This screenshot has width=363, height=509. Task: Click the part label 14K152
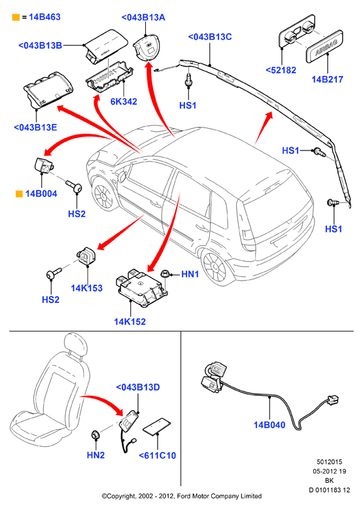tap(130, 321)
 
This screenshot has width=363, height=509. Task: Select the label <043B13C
tap(209, 37)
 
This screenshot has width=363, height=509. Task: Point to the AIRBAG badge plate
tap(324, 46)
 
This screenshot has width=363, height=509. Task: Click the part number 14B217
tap(327, 79)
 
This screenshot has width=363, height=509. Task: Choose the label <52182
tap(281, 70)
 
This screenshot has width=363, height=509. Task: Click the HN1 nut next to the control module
tap(165, 273)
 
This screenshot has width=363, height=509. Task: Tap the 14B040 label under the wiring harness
tap(269, 425)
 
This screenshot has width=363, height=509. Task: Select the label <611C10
tap(158, 455)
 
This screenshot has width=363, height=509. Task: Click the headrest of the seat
tap(77, 344)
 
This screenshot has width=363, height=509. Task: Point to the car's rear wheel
tap(214, 267)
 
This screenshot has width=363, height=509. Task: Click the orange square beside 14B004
tap(19, 194)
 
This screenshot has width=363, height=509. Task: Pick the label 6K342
tap(124, 101)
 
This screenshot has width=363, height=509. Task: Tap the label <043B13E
tap(35, 127)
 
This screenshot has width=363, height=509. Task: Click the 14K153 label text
tap(86, 288)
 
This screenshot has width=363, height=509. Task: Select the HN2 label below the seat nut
tap(95, 455)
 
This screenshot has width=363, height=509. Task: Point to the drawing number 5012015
tap(329, 462)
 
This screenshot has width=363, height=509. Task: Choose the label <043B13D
tap(138, 387)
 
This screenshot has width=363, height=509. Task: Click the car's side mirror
tap(122, 177)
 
